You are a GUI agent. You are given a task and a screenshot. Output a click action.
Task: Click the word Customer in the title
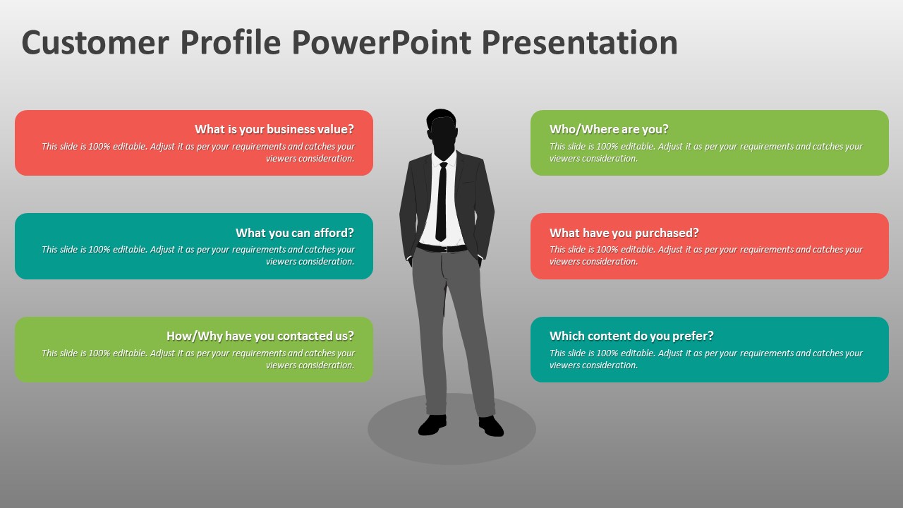coord(95,42)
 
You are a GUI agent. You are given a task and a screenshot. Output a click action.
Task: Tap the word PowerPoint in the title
coord(382,42)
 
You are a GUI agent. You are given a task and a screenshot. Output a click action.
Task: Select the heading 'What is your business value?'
coord(274,129)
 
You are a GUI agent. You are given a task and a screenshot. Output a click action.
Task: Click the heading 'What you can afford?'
coord(295,233)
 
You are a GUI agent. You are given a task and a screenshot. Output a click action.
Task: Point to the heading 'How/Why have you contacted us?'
coord(260,336)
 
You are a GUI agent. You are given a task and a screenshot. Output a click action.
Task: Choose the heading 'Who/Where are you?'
coord(609,129)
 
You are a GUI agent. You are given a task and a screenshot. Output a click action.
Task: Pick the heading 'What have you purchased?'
coord(624,233)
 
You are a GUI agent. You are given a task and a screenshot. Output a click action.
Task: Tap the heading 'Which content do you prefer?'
coord(631,336)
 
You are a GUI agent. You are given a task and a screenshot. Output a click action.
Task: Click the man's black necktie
coord(442,202)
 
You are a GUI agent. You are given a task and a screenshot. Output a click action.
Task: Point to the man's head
coord(442,133)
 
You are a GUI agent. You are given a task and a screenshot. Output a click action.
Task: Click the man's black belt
coord(442,248)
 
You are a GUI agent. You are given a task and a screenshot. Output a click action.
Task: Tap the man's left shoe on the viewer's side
coord(432,425)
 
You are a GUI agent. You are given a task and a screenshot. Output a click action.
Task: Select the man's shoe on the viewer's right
coord(491,426)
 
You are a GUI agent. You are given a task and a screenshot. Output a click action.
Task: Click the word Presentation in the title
coord(580,42)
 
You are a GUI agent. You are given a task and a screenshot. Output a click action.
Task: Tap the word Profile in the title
coord(231,42)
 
